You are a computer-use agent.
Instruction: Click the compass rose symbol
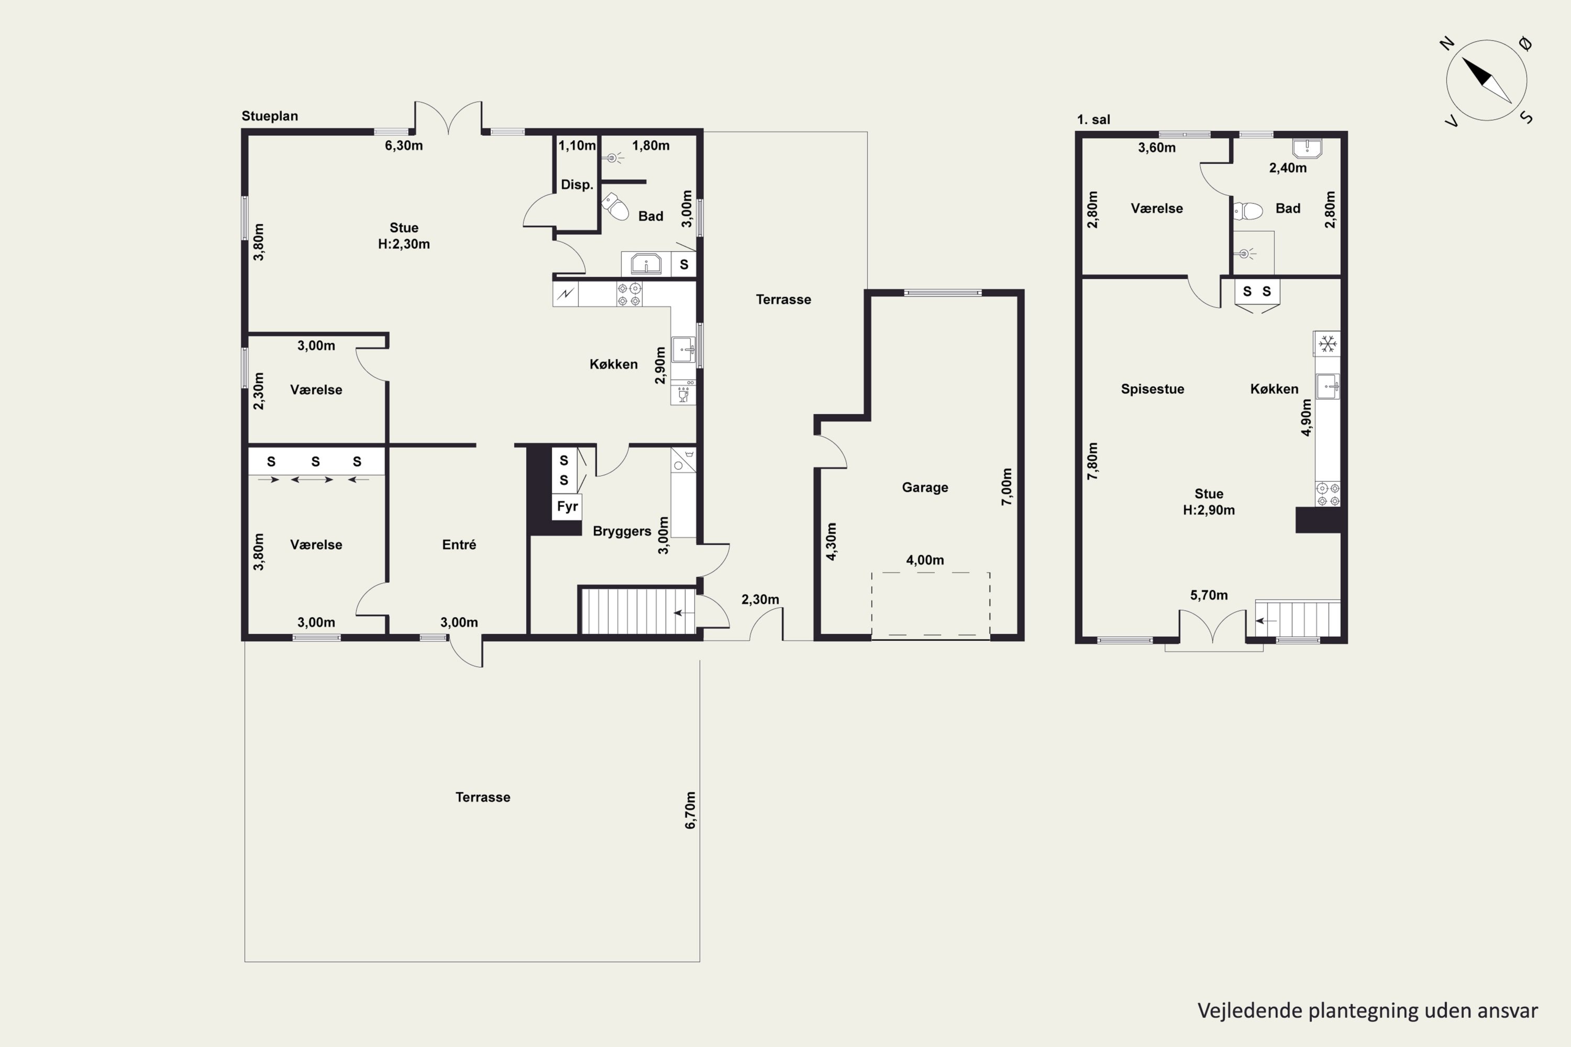click(1486, 80)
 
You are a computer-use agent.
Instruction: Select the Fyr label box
click(567, 506)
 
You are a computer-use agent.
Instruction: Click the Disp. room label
click(577, 185)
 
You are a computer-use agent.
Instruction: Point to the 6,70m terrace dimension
click(690, 810)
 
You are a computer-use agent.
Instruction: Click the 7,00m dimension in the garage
click(1006, 487)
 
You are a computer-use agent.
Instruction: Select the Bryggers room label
click(622, 531)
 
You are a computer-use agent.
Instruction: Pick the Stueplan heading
click(270, 116)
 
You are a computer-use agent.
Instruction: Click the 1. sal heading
click(1093, 119)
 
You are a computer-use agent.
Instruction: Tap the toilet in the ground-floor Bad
click(615, 206)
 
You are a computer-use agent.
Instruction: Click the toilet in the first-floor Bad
click(1248, 211)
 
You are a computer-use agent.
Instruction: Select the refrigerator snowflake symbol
click(1327, 344)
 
